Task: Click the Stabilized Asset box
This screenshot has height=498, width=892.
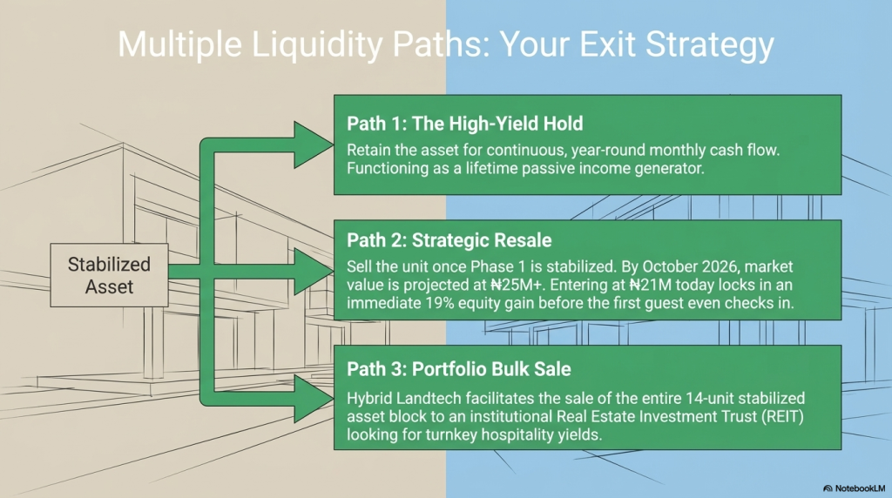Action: [109, 275]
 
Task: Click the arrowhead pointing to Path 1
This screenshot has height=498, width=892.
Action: [312, 145]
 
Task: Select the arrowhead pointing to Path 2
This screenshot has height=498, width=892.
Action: [312, 271]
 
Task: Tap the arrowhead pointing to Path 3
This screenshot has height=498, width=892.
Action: [312, 399]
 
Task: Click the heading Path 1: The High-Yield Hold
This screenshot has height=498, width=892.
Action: [465, 124]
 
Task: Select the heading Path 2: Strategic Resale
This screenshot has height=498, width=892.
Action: [449, 240]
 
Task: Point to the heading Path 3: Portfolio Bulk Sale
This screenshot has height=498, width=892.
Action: [459, 369]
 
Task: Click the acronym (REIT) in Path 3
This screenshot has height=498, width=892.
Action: [783, 417]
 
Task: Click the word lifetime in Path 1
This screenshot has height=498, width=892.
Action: [490, 169]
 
